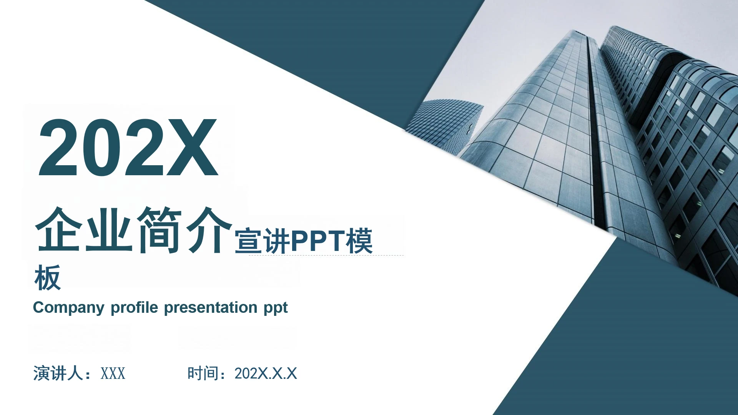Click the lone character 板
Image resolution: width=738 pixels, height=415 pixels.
click(x=47, y=277)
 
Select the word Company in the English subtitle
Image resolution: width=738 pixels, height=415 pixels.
click(x=68, y=308)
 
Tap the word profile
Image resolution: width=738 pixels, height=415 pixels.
click(x=134, y=308)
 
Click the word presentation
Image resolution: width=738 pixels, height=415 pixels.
click(x=210, y=308)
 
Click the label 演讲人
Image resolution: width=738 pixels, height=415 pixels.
click(x=58, y=373)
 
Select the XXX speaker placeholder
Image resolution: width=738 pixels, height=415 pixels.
click(x=113, y=373)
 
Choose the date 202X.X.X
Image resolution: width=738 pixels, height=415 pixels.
click(x=266, y=373)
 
